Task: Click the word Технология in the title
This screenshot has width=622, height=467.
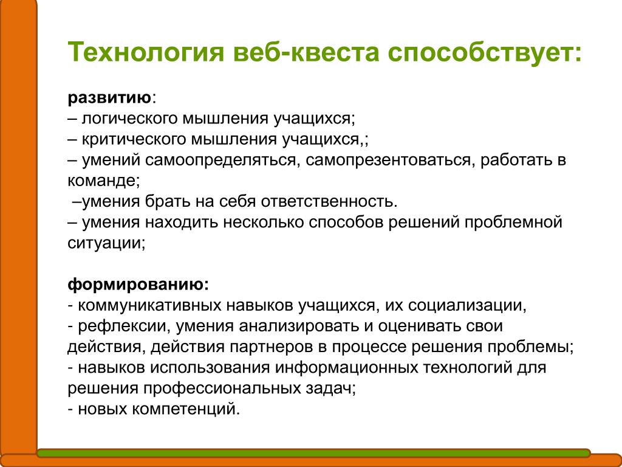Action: (x=146, y=52)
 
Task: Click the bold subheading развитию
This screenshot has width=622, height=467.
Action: (x=109, y=98)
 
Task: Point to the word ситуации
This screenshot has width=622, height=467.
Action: (x=104, y=243)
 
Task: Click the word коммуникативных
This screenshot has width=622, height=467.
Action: (x=150, y=305)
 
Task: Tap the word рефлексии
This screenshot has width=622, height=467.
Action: (x=121, y=326)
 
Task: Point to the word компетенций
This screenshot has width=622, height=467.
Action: (x=184, y=409)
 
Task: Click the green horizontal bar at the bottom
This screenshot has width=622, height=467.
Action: (x=313, y=452)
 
